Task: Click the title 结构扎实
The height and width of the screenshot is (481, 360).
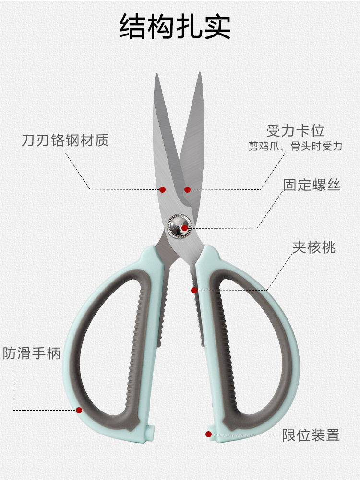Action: coord(175,27)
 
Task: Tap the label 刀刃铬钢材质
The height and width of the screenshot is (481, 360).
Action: coord(65,141)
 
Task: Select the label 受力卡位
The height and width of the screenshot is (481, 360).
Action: coord(296,130)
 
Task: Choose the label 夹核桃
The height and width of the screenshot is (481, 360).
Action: coord(314,247)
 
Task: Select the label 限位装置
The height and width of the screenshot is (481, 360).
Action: coord(311,435)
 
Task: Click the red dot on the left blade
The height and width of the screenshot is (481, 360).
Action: coord(162,190)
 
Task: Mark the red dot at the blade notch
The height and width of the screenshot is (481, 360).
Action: coord(187,190)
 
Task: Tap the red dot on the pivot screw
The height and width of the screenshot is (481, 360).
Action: coord(184,227)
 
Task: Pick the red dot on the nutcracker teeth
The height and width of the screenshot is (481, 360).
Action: coord(194,290)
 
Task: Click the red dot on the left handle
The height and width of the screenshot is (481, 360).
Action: coord(79,410)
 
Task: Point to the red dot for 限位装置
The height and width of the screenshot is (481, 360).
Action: coord(208,434)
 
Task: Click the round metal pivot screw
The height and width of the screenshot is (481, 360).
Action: coord(179,225)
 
